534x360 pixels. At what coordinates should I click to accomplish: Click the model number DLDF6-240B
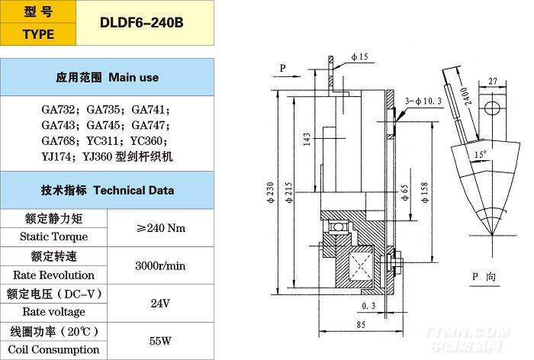coord(142,21)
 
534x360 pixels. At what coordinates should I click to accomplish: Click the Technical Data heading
coord(107,190)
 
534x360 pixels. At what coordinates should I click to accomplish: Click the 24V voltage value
coord(159,303)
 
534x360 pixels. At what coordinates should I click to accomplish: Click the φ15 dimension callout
coord(360,57)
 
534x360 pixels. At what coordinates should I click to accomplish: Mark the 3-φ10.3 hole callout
coord(424,100)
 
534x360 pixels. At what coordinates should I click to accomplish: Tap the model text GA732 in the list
coord(58,109)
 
